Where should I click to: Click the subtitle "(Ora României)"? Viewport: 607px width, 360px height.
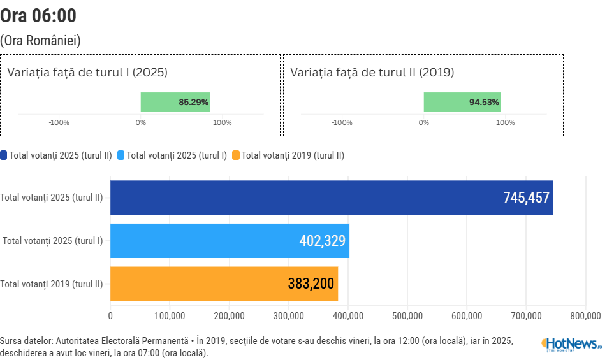40,41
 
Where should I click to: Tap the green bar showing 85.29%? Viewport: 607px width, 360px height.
175,102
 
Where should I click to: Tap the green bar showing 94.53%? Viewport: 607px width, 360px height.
462,102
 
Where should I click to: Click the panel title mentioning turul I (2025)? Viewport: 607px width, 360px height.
87,73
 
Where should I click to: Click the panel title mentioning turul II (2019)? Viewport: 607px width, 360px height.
372,73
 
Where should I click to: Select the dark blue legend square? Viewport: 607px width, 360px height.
4,155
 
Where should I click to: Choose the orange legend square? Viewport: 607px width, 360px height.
236,155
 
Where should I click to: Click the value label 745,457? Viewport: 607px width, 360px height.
526,198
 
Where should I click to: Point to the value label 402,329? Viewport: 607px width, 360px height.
322,241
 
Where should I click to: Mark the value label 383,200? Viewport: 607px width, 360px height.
311,284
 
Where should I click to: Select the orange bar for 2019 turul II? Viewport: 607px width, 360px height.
191,284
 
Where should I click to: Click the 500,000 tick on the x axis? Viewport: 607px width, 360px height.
407,315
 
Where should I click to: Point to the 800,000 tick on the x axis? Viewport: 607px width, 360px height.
585,315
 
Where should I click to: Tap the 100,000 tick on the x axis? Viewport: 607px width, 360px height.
170,315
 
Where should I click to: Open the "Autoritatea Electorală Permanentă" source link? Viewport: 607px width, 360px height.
122,341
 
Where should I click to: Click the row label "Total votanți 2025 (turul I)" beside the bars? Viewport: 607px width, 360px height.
53,241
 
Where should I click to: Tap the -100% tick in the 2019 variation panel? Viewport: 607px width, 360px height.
342,122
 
